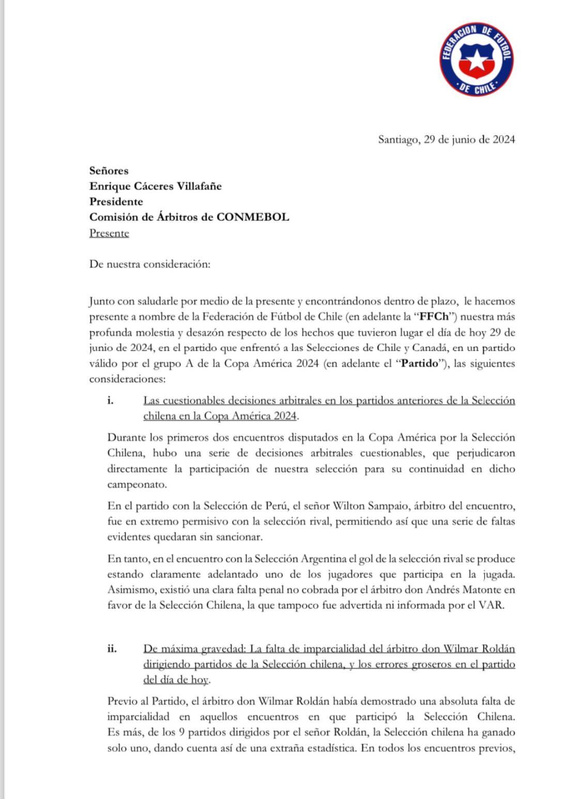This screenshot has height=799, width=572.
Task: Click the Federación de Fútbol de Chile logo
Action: [x=477, y=59]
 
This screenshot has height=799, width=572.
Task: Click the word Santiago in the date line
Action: [x=399, y=139]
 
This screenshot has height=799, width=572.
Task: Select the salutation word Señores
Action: [x=109, y=170]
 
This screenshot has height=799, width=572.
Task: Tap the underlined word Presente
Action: [x=109, y=233]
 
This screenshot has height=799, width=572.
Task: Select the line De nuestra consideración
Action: [x=150, y=264]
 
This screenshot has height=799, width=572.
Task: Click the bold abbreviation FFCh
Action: [x=435, y=317]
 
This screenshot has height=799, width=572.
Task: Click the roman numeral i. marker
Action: [x=111, y=400]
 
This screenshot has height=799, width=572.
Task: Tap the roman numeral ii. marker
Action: [x=112, y=649]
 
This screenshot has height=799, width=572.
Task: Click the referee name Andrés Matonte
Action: [x=456, y=590]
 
